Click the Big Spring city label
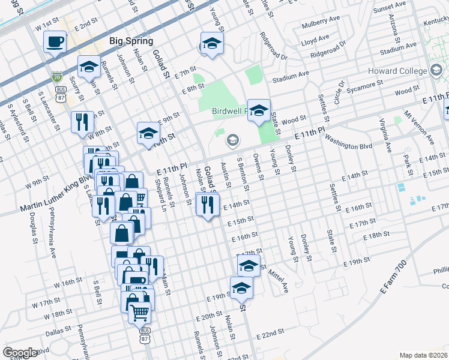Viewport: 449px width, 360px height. point(131,41)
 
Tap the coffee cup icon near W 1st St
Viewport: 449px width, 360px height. point(55,43)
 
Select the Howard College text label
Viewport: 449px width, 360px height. point(402,71)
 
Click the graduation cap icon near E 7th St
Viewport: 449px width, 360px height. point(212,44)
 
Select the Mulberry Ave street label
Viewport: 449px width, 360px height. point(319,26)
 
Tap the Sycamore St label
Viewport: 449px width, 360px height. point(362,84)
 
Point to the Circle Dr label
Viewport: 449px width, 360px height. point(341,93)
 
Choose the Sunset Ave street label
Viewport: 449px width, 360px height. point(390,8)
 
